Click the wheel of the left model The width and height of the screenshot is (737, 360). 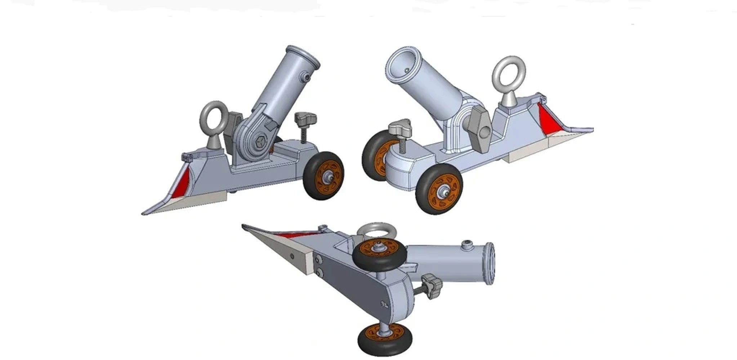click(323, 175)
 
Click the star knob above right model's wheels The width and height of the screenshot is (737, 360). click(400, 127)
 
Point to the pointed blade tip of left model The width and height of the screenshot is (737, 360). click(144, 213)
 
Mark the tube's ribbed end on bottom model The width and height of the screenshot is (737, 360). click(490, 264)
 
